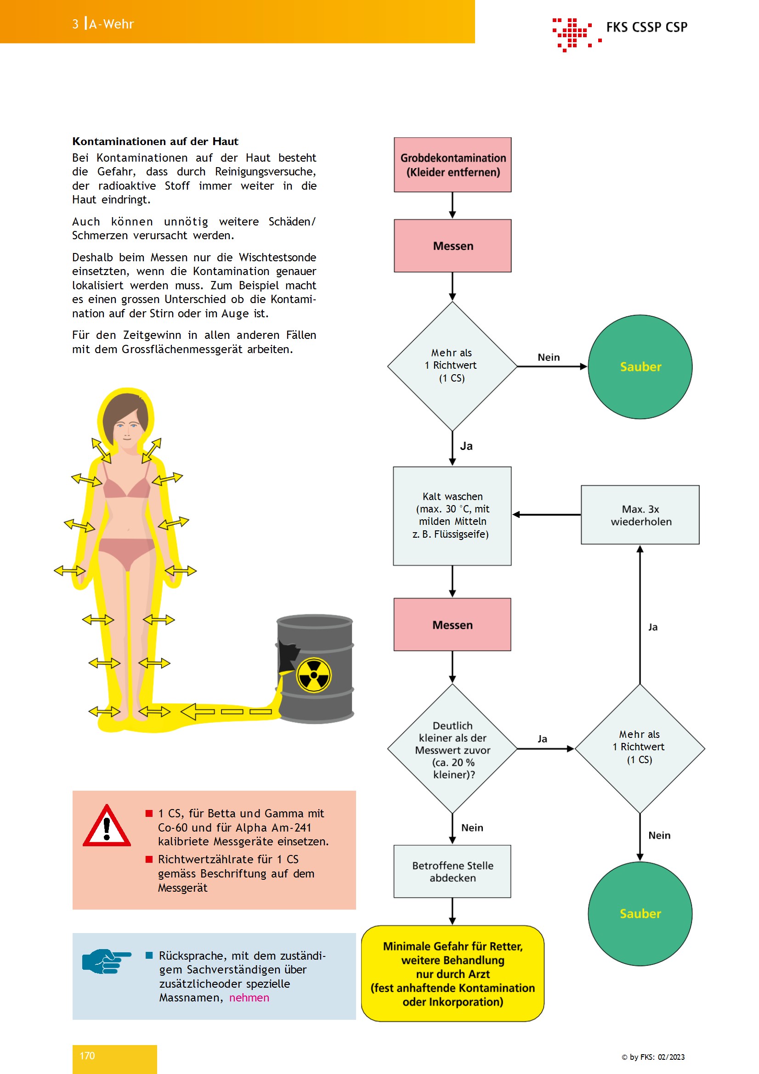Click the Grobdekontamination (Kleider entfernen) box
[453, 165]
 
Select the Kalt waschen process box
[452, 516]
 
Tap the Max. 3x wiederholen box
[640, 515]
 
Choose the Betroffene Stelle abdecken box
[452, 872]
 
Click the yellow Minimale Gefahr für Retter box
[453, 973]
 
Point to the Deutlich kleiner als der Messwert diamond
[453, 749]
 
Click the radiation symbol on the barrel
[314, 675]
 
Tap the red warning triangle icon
[107, 826]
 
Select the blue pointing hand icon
[106, 961]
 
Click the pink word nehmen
[249, 998]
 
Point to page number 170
[87, 1056]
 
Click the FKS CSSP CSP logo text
[647, 27]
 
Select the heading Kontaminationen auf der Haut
[155, 141]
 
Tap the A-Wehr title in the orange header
[111, 24]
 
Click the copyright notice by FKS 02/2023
[653, 1057]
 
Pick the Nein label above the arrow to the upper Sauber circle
[549, 357]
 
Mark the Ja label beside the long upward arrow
[653, 627]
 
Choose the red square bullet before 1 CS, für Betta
[149, 814]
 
